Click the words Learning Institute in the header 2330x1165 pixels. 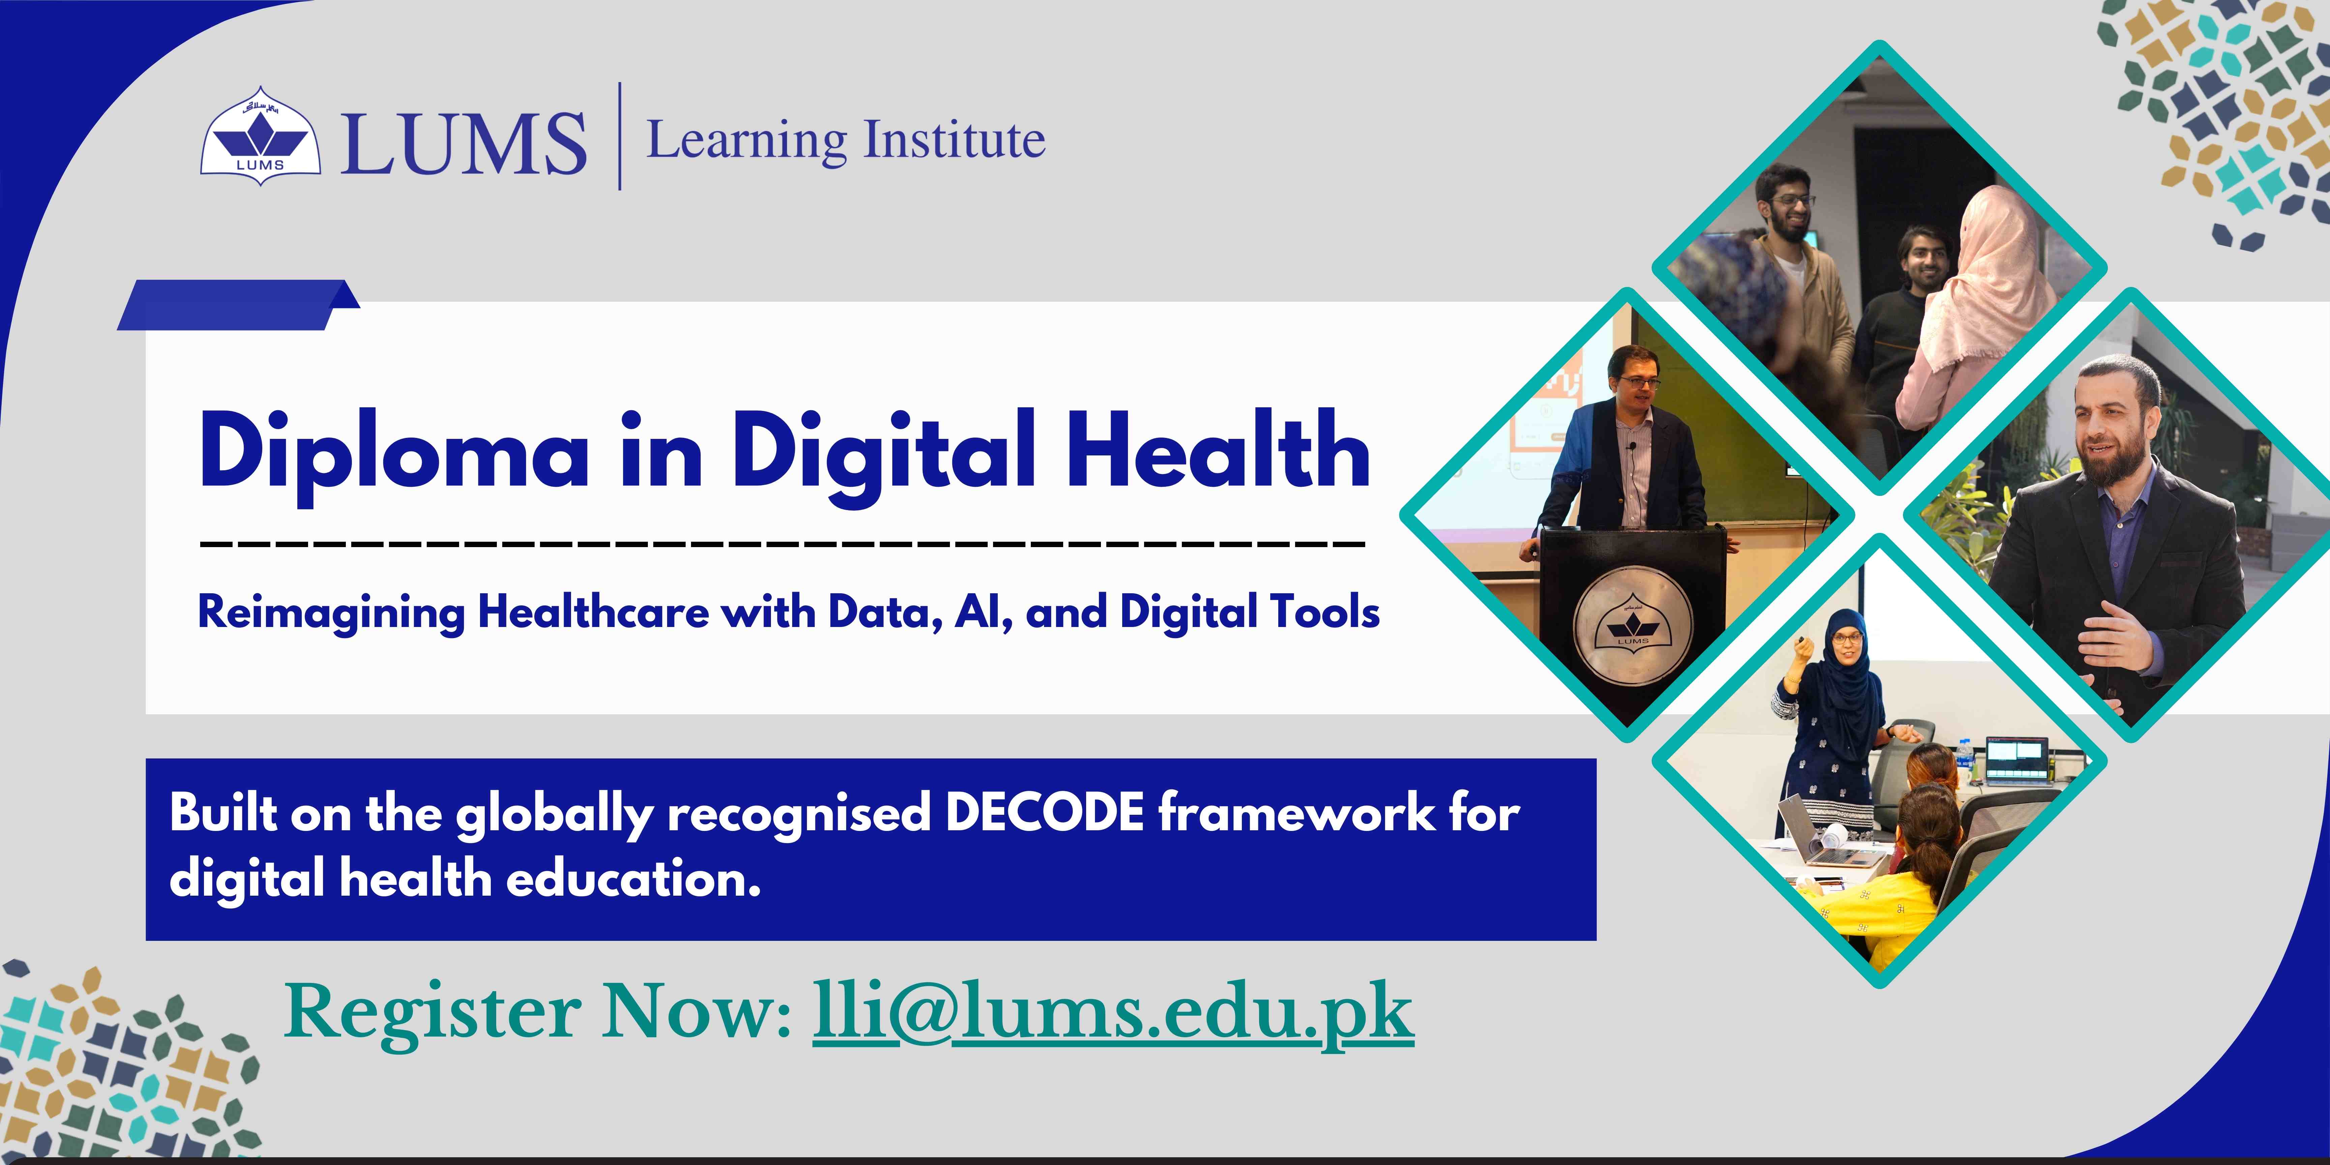click(x=846, y=140)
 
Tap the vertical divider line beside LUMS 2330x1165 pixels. click(x=620, y=136)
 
